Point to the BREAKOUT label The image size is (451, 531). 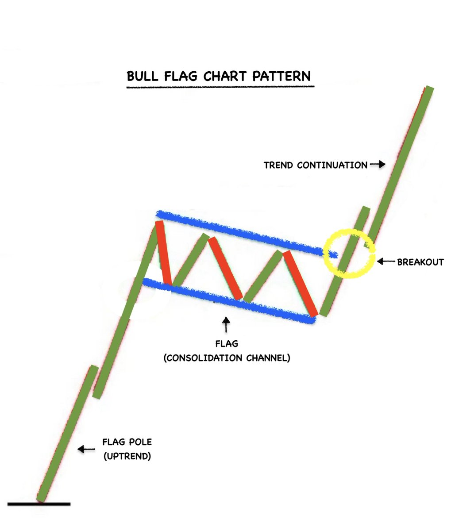[420, 262]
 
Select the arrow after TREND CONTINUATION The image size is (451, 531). [378, 165]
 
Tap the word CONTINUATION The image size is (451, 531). [332, 165]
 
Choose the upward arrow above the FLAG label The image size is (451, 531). [226, 324]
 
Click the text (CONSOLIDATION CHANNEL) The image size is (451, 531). [227, 358]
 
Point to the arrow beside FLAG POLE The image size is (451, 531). [86, 449]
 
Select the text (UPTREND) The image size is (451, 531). [127, 456]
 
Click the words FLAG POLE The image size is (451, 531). [127, 442]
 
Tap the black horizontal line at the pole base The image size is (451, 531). [39, 504]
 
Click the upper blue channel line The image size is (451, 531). [243, 233]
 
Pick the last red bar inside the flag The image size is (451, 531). [300, 283]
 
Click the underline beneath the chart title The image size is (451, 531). [220, 87]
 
